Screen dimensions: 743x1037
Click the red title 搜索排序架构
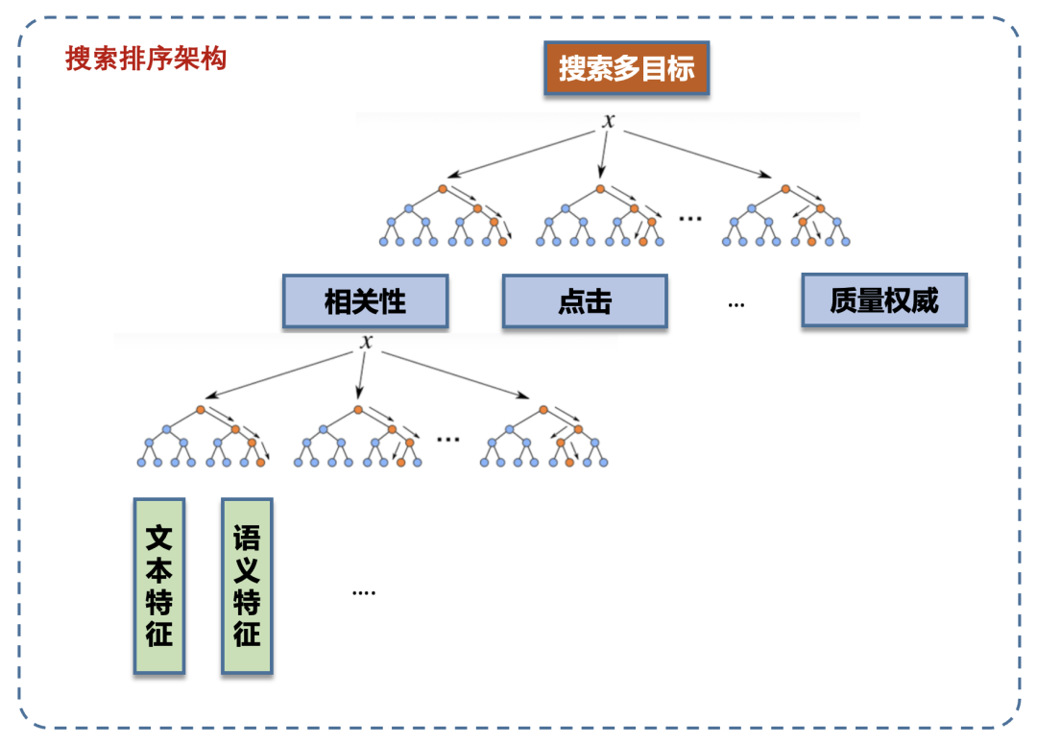(x=146, y=60)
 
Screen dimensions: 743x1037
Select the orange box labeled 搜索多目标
(x=626, y=68)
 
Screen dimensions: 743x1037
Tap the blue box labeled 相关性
(x=365, y=301)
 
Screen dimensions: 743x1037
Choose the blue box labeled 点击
(x=584, y=301)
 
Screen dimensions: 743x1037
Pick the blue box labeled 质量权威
(x=883, y=300)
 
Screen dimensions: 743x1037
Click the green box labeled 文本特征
(x=158, y=586)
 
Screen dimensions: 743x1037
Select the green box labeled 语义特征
(x=247, y=586)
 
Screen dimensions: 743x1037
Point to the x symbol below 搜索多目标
(x=608, y=121)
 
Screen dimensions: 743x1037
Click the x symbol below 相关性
(x=366, y=342)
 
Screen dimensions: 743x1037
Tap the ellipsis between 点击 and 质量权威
(x=736, y=303)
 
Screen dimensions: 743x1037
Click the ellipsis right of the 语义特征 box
(x=363, y=592)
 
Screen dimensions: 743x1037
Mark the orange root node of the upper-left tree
(x=443, y=189)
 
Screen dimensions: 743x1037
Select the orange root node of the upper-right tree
(x=785, y=189)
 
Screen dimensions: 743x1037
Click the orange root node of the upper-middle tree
(x=600, y=189)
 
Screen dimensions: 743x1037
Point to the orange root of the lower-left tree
(x=201, y=410)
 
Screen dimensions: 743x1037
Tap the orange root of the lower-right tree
(x=543, y=410)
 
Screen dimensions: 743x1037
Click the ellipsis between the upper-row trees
(x=689, y=219)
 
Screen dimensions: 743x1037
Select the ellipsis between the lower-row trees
(x=447, y=439)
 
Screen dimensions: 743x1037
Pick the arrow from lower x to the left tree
(x=283, y=374)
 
